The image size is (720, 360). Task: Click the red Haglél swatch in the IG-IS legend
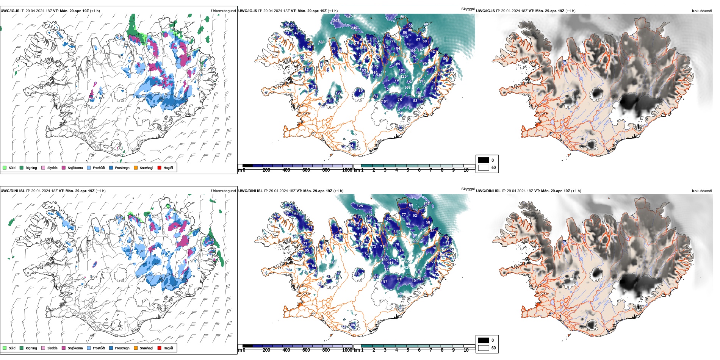(160, 167)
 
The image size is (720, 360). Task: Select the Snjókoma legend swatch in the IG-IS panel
(64, 167)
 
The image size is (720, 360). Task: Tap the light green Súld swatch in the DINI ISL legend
(5, 348)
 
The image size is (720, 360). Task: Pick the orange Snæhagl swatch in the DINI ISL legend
(136, 348)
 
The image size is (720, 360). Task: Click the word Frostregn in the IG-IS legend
(122, 168)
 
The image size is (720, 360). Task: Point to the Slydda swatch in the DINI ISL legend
(43, 348)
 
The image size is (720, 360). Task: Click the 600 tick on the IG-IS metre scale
(306, 170)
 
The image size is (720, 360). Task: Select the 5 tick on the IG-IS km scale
(408, 170)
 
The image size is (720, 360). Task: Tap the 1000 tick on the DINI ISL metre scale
(347, 350)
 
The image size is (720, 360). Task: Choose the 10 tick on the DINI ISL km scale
(466, 350)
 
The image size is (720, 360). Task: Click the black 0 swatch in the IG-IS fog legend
(484, 160)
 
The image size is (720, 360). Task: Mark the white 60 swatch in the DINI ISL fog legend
(484, 348)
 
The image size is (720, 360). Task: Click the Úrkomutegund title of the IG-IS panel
(223, 11)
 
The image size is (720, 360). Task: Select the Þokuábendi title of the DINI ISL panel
(702, 191)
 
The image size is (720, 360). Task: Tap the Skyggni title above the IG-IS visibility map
(468, 9)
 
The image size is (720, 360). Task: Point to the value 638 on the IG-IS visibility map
(321, 42)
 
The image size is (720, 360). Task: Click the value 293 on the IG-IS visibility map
(337, 21)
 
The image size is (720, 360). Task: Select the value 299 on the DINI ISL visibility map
(415, 241)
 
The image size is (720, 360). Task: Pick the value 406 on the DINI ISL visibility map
(401, 294)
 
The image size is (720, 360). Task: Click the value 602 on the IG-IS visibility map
(403, 17)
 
